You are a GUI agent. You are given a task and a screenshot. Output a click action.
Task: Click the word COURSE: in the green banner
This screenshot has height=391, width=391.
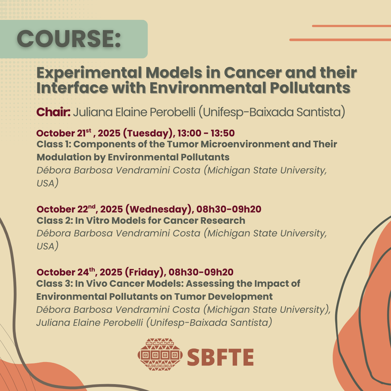pos(69,39)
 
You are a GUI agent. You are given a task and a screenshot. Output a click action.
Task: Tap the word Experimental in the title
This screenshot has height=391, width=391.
pos(89,73)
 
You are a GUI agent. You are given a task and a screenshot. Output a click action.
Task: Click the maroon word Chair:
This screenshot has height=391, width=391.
pos(53,112)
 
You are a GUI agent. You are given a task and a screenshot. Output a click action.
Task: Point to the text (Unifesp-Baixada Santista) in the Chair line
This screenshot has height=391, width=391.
pos(272,112)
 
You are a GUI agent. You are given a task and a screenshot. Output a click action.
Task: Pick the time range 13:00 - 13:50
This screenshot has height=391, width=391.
pos(206,133)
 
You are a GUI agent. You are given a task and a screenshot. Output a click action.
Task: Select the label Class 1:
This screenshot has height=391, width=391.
pos(54,144)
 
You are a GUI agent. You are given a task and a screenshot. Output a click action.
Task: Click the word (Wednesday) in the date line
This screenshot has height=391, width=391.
pos(159,209)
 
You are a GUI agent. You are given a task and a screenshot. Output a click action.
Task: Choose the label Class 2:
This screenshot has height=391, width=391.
pos(54,220)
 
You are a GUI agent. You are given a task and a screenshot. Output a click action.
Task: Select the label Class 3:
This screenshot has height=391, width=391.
pos(54,283)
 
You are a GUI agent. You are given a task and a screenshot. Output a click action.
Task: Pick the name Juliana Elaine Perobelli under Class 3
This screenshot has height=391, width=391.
pos(90,323)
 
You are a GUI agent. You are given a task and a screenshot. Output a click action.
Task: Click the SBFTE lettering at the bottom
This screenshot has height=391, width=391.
pos(220,357)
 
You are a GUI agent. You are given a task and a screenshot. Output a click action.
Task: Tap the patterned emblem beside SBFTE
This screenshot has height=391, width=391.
pos(160,354)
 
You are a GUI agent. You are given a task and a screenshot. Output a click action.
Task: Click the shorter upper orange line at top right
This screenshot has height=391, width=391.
pos(352,26)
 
